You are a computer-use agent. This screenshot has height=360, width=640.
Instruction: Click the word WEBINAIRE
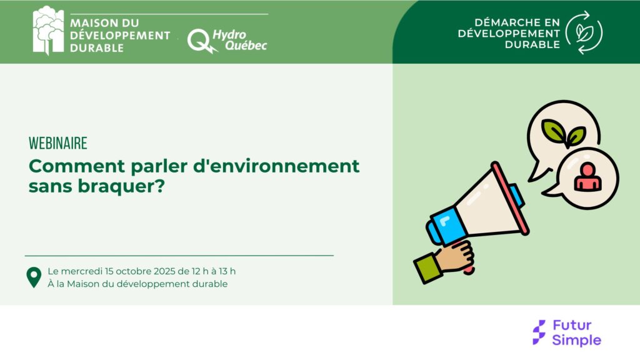58,143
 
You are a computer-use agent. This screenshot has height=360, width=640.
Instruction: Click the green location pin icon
34,277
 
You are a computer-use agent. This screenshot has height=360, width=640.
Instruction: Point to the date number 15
109,271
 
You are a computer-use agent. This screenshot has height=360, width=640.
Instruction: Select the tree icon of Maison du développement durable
49,30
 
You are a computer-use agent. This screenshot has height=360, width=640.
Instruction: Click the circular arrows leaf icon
584,32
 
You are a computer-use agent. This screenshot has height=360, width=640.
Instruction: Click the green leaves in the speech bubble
563,133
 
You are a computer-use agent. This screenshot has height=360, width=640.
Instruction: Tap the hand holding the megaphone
455,256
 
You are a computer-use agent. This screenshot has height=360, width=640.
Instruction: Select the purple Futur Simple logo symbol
539,332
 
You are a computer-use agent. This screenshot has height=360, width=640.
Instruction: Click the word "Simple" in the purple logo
577,340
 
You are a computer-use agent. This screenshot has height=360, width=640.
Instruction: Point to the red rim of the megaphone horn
510,198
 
